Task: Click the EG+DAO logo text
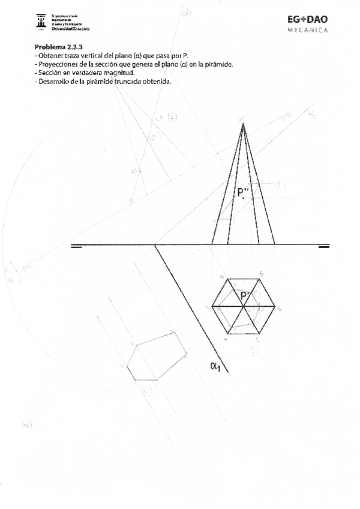(x=308, y=19)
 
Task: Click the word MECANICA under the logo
(x=308, y=29)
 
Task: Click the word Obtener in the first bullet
(x=51, y=55)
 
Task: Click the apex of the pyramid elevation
(x=243, y=124)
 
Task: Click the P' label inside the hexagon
(x=245, y=296)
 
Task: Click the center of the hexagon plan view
(x=243, y=306)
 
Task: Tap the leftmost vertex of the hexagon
(x=212, y=306)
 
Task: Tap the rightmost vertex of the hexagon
(x=275, y=306)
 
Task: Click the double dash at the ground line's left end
(x=76, y=246)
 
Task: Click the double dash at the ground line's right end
(x=324, y=246)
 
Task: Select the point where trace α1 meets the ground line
(x=155, y=245)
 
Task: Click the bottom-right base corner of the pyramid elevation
(x=275, y=244)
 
